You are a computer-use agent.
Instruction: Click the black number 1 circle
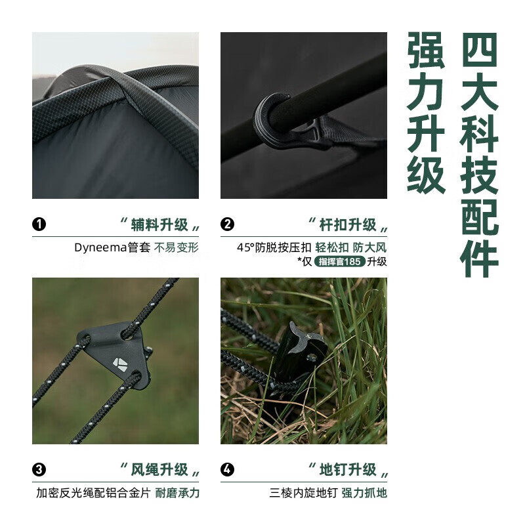[x=39, y=224]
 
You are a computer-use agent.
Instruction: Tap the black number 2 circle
[x=227, y=224]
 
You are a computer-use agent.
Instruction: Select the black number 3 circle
[x=39, y=469]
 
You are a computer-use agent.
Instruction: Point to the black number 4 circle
[x=227, y=469]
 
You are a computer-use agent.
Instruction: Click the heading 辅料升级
[x=159, y=224]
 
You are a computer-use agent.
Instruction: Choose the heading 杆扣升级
[x=348, y=224]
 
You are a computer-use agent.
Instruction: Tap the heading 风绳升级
[x=159, y=470]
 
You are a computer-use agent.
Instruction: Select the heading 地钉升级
[x=348, y=470]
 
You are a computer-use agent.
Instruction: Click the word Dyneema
[x=101, y=248]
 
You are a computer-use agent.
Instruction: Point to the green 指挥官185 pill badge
[x=339, y=261]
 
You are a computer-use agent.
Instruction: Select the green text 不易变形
[x=176, y=248]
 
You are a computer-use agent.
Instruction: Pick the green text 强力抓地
[x=364, y=493]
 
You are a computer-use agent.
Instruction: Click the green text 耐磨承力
[x=177, y=493]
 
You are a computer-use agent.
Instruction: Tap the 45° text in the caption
[x=245, y=248]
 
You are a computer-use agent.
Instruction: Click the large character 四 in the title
[x=480, y=51]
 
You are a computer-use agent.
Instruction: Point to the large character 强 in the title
[x=426, y=51]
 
